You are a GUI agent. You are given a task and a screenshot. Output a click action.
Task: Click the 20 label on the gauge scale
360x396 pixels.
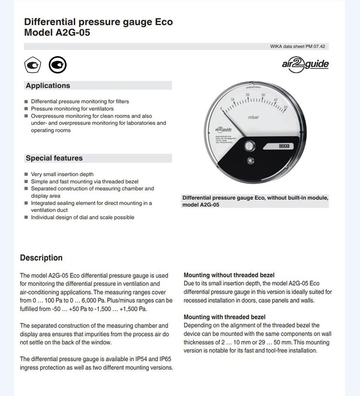tap(247, 95)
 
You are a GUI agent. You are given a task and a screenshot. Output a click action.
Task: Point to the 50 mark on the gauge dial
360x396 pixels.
tap(285, 108)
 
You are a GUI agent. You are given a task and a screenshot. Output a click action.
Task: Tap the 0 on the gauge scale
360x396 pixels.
tap(221, 109)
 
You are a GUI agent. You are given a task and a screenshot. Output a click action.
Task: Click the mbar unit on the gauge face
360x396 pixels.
tap(254, 118)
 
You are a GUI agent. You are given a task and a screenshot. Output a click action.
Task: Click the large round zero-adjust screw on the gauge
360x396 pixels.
tap(249, 146)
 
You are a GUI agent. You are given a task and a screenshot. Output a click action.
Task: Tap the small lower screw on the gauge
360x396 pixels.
tap(249, 161)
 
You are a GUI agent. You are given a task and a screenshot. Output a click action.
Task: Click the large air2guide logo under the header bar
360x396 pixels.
tap(305, 64)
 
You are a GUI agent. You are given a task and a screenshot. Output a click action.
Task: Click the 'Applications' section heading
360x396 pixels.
tap(48, 86)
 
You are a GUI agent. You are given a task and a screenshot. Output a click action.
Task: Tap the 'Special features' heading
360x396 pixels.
tap(54, 158)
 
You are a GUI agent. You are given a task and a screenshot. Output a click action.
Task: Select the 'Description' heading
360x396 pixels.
tap(41, 258)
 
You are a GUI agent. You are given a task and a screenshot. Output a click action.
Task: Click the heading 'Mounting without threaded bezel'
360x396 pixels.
tap(229, 275)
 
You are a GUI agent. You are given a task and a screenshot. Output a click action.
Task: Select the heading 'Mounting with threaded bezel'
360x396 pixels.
tap(224, 317)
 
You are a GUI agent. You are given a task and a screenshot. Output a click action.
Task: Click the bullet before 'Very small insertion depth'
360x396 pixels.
tap(26, 174)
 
